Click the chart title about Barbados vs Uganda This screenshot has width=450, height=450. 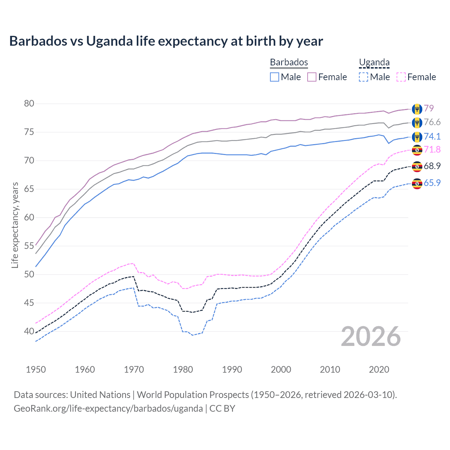[166, 41]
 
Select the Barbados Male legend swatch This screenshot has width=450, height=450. [275, 77]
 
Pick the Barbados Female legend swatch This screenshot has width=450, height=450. [312, 77]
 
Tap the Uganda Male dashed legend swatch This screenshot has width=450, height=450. [364, 77]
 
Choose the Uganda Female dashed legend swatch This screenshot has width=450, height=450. [401, 77]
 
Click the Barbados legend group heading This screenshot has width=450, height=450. [289, 62]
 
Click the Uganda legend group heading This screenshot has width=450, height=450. [374, 62]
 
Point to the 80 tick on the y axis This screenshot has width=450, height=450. [29, 103]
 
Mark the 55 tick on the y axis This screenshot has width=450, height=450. [29, 246]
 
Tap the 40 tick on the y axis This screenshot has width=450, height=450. [29, 331]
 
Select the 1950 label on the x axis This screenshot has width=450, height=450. [36, 369]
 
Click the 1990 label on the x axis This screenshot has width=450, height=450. [232, 369]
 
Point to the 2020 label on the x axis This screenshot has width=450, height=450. [379, 369]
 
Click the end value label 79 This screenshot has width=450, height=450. [429, 108]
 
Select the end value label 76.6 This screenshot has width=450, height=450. [432, 122]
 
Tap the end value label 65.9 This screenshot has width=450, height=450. [432, 183]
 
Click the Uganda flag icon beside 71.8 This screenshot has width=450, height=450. [417, 150]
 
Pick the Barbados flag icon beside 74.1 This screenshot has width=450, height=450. [417, 136]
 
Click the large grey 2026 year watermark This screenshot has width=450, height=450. [371, 336]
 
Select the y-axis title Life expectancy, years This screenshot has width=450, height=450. [15, 225]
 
